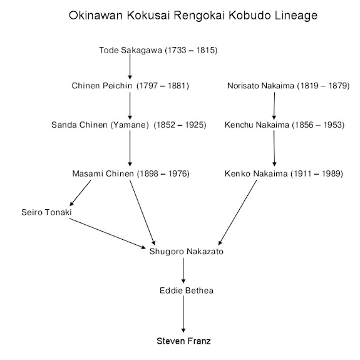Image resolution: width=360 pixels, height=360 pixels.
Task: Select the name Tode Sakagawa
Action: pyautogui.click(x=131, y=50)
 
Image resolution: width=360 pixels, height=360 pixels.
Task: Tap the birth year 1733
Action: pyautogui.click(x=177, y=50)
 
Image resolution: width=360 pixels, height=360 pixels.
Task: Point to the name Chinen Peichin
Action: pyautogui.click(x=102, y=85)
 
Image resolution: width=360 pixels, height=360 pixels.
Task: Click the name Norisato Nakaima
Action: pyautogui.click(x=260, y=85)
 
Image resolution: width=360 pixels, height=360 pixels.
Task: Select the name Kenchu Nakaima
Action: pyautogui.click(x=257, y=125)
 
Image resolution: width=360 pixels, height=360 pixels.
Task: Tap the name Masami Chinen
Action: pyautogui.click(x=103, y=173)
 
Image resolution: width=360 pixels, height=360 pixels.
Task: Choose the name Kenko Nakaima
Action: pyautogui.click(x=256, y=173)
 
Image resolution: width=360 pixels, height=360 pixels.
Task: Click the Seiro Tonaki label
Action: pyautogui.click(x=46, y=212)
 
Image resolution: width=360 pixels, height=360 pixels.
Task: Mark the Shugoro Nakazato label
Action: pyautogui.click(x=187, y=251)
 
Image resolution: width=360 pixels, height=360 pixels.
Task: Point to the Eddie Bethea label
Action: pyautogui.click(x=187, y=291)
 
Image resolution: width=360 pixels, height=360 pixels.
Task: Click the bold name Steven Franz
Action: pyautogui.click(x=183, y=341)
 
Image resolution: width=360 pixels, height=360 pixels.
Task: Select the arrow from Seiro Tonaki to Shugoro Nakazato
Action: pyautogui.click(x=108, y=234)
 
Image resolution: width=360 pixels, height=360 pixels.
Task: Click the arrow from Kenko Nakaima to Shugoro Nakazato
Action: pyautogui.click(x=237, y=213)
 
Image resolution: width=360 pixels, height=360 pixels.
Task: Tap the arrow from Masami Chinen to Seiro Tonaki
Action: pyautogui.click(x=80, y=193)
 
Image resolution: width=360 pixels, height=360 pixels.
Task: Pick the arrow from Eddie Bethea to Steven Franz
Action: pyautogui.click(x=183, y=314)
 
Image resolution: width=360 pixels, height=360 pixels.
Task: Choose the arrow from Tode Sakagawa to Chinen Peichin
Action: pyautogui.click(x=130, y=66)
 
